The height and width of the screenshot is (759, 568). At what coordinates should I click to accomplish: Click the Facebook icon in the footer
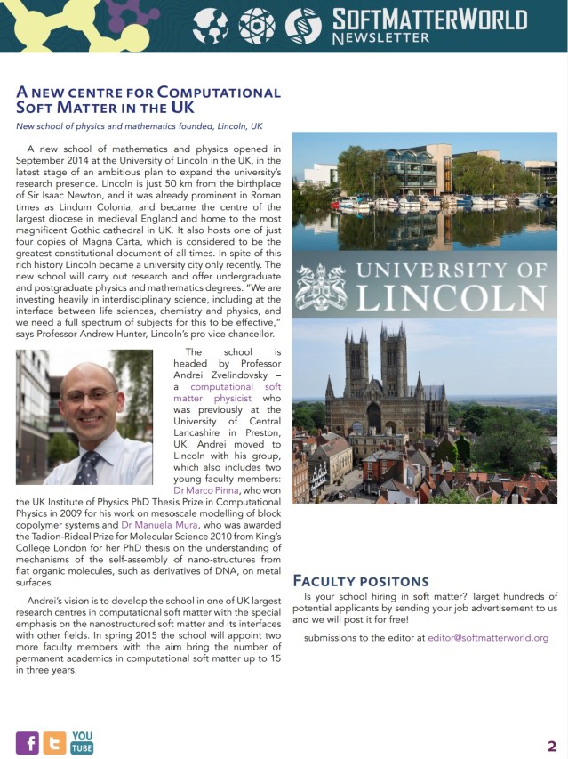(28, 743)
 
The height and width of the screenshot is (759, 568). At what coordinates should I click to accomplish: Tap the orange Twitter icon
(54, 743)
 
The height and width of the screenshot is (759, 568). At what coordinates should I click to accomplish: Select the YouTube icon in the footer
(82, 743)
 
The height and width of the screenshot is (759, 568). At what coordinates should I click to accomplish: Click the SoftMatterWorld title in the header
(428, 19)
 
